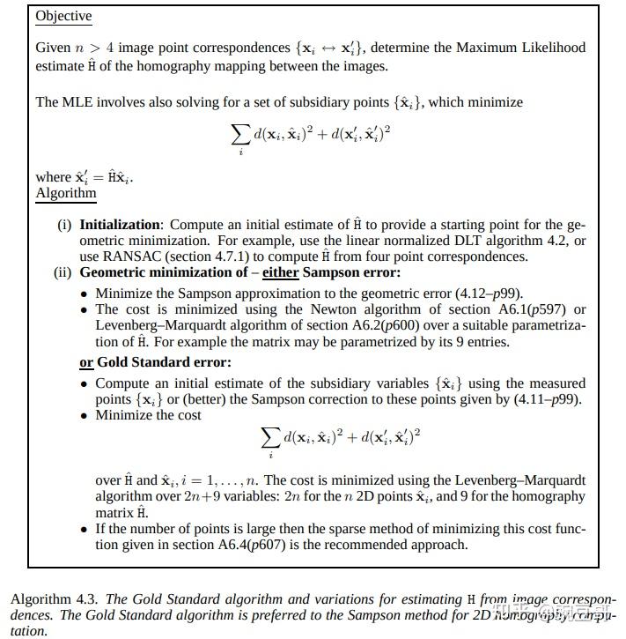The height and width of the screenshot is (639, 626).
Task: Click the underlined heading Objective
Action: [63, 16]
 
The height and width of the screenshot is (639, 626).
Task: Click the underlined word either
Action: [280, 272]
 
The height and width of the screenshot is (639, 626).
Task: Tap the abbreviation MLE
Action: [77, 102]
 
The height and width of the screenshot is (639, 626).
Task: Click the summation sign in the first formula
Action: [239, 135]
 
